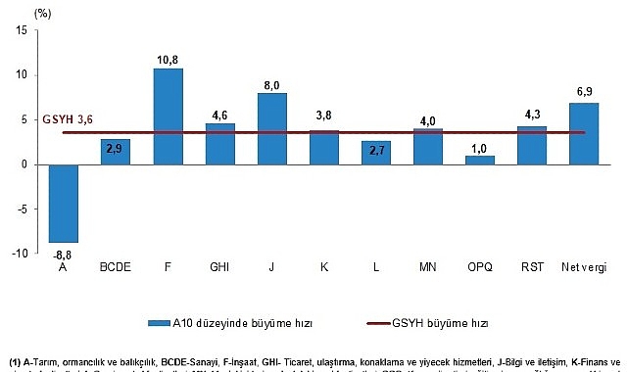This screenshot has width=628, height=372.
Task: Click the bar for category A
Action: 65,203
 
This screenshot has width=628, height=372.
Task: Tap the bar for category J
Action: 272,128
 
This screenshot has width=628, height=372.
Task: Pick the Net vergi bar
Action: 583,133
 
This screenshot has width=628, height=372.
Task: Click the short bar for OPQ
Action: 479,160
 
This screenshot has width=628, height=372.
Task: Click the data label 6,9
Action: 584,91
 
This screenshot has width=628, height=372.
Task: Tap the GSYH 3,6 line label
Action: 68,120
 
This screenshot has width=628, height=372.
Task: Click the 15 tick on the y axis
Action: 21,31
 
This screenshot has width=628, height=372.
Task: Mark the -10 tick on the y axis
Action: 18,253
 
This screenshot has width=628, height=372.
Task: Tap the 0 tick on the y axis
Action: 24,164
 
